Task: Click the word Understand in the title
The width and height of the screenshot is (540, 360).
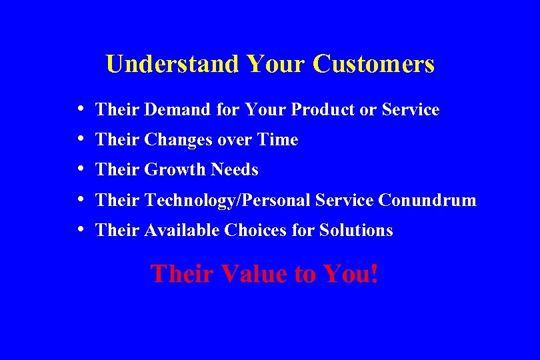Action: [172, 64]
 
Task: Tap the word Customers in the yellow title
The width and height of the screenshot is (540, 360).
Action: [373, 64]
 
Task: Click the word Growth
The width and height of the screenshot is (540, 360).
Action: [175, 170]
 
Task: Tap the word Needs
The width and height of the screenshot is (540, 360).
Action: [234, 170]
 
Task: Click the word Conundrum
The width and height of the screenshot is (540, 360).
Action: [427, 200]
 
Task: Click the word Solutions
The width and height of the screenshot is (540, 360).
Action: [356, 230]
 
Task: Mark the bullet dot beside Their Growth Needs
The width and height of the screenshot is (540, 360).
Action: [80, 169]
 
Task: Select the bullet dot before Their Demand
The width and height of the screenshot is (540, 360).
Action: [80, 108]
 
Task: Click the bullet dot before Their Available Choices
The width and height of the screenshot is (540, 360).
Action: [80, 229]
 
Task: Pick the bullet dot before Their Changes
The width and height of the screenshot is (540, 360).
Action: [80, 139]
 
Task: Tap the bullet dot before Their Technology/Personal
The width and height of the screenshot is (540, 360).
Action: [80, 199]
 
